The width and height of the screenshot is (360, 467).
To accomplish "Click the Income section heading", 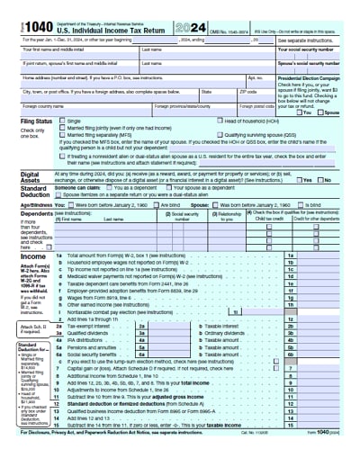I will (x=33, y=256).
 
